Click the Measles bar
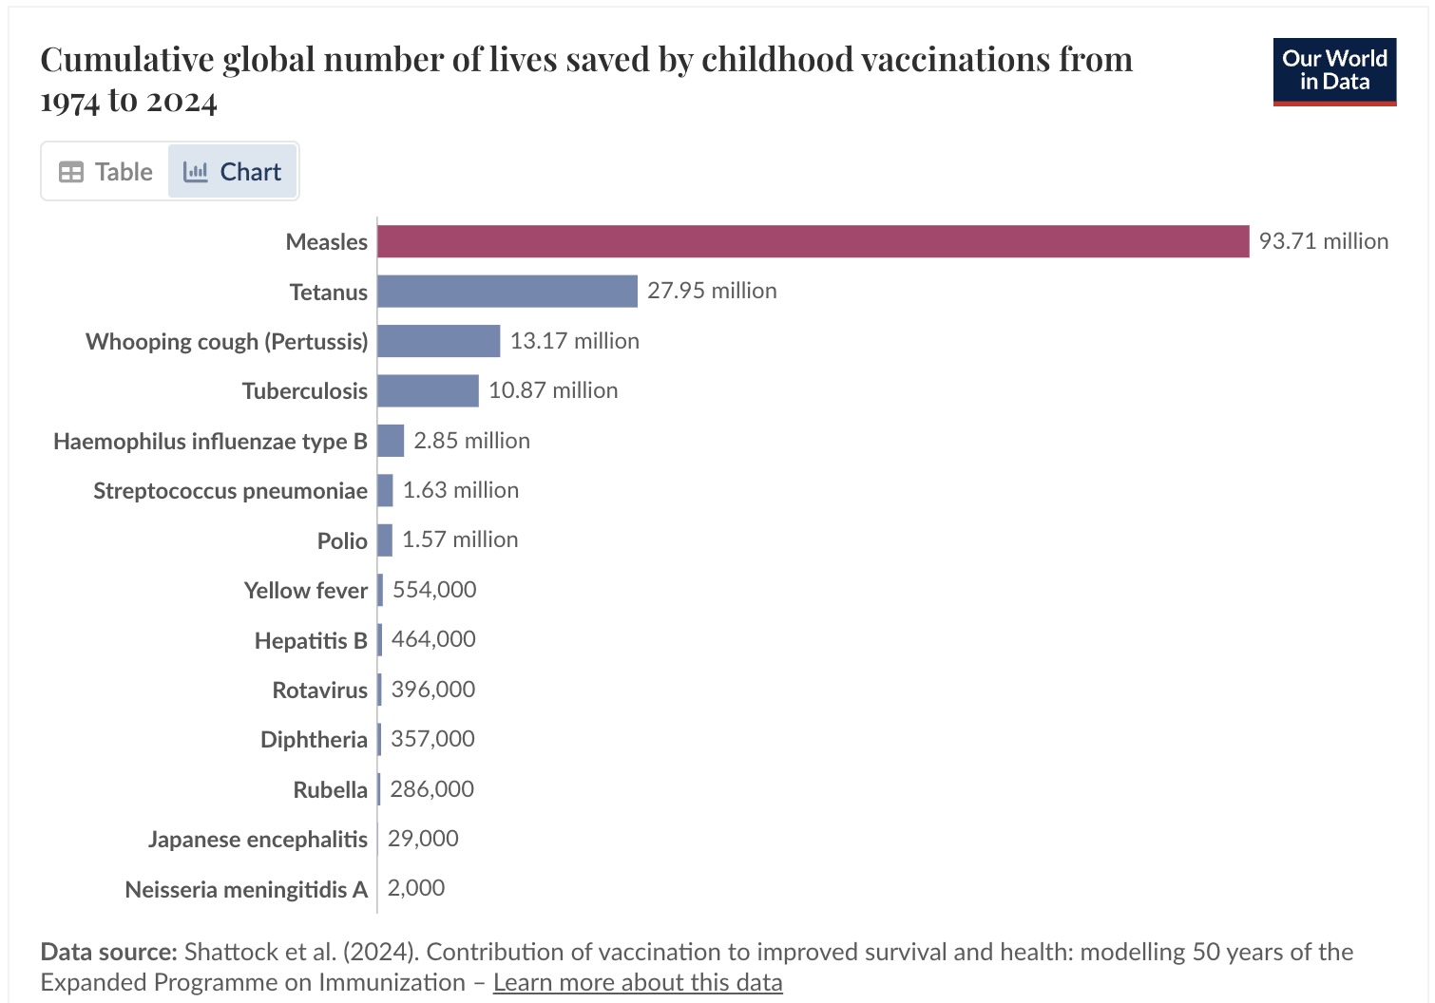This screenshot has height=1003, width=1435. click(x=813, y=241)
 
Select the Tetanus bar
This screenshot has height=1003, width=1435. click(x=507, y=292)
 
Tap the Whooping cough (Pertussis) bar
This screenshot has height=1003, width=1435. click(x=438, y=341)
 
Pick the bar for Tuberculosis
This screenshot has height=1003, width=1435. click(x=428, y=390)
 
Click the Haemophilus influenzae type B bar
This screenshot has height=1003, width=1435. click(x=391, y=441)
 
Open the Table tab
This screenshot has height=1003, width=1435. click(x=105, y=172)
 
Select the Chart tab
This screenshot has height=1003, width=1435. click(x=233, y=172)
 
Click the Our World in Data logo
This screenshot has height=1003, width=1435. click(x=1334, y=71)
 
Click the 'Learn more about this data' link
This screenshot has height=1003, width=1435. click(x=638, y=982)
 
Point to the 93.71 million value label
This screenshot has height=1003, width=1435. click(x=1323, y=241)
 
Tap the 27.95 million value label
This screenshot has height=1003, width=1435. click(x=712, y=291)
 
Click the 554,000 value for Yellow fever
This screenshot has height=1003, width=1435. click(x=434, y=590)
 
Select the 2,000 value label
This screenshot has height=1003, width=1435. click(x=416, y=888)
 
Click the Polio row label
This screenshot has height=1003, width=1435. click(x=342, y=540)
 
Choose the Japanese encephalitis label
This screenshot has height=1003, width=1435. click(x=258, y=840)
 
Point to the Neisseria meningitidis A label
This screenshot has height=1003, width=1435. click(x=246, y=890)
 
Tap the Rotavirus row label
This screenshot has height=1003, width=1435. click(x=319, y=690)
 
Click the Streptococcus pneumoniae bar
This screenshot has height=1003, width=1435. click(x=385, y=490)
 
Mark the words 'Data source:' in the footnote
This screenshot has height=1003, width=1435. click(x=108, y=952)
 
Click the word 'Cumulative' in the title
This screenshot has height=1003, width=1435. click(x=126, y=60)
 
